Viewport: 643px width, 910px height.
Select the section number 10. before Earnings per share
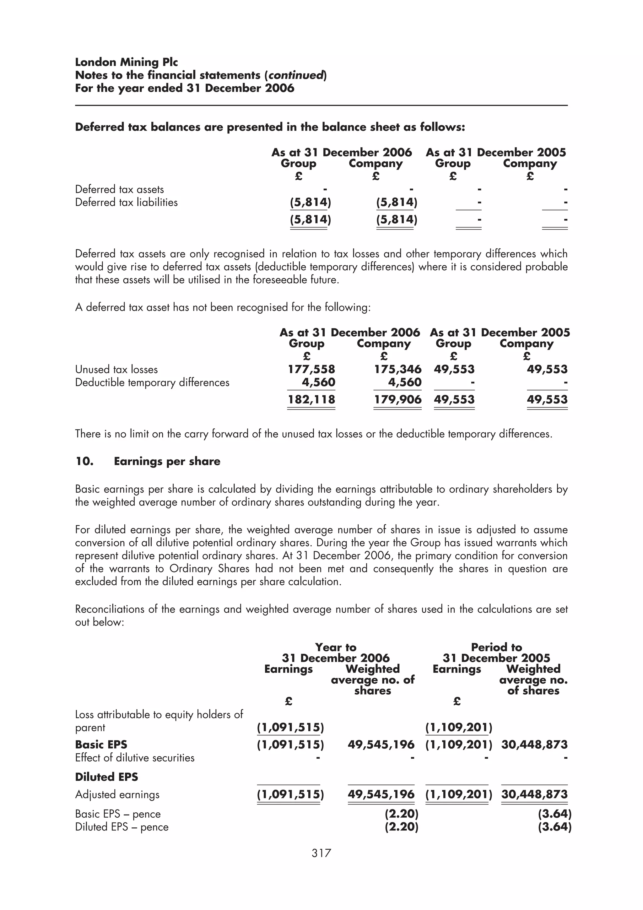84,461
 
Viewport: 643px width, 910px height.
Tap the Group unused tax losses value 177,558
311,369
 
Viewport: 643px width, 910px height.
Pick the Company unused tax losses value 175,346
398,369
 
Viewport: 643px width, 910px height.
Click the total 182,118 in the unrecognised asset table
311,399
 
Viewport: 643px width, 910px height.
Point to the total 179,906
398,399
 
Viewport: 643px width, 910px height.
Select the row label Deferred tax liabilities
127,203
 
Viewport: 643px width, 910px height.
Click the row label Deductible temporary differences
152,382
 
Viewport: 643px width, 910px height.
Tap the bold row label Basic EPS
101,745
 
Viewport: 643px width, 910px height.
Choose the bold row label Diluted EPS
106,777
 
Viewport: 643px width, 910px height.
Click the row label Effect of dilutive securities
135,758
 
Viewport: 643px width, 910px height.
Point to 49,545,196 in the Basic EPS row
381,745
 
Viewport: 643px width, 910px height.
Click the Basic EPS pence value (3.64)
554,814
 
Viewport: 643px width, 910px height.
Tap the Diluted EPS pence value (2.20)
401,827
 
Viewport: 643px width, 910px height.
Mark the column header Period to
496,647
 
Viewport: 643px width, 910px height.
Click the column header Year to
336,647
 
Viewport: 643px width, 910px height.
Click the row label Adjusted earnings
117,795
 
